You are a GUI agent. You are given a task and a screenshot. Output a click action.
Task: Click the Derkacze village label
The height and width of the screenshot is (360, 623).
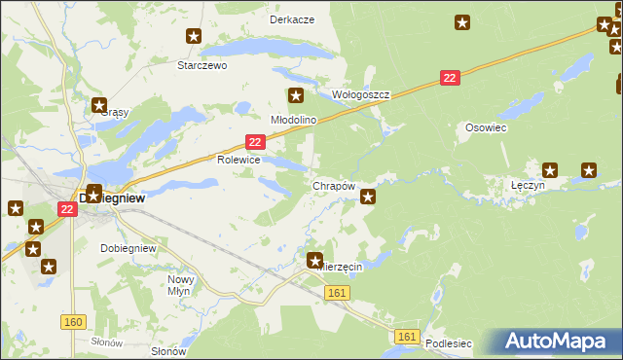(292, 19)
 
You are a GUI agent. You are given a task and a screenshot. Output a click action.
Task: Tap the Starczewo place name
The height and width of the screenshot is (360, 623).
(202, 65)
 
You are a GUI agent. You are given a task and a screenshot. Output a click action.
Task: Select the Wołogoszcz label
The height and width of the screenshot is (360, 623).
(361, 95)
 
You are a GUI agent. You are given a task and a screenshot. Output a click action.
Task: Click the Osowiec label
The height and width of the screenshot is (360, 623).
(483, 127)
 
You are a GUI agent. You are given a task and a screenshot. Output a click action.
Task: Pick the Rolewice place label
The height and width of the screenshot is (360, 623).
(238, 160)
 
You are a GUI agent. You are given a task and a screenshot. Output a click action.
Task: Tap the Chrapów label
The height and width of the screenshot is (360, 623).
(332, 185)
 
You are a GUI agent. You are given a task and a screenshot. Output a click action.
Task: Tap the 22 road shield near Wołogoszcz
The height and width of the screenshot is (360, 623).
(449, 78)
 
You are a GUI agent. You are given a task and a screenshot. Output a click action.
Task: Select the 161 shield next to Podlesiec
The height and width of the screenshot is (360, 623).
(408, 337)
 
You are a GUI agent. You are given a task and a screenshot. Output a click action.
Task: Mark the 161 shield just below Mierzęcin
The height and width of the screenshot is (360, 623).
(337, 292)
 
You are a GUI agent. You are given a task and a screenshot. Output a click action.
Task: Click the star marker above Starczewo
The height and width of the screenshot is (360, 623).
(194, 36)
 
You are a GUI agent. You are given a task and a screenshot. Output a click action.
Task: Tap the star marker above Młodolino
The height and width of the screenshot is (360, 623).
(296, 95)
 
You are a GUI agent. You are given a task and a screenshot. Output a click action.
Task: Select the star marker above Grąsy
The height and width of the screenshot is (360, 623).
(98, 105)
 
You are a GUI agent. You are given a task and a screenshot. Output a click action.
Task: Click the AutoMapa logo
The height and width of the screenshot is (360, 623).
(558, 342)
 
